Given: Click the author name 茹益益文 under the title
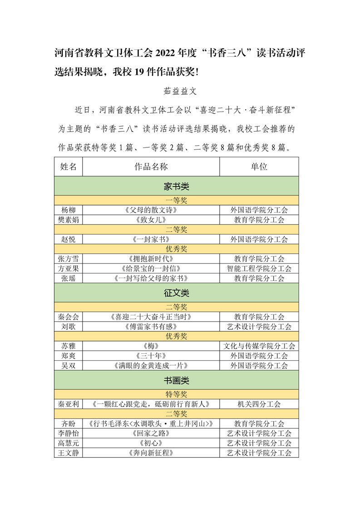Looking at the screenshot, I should [x=180, y=91].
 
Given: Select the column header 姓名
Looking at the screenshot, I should [x=69, y=166].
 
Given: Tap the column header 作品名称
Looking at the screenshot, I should [x=151, y=166].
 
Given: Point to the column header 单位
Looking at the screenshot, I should [x=259, y=166].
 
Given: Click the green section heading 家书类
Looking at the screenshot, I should [x=176, y=186].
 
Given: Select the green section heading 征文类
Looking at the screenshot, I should [x=176, y=293].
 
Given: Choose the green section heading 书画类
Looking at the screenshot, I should [x=176, y=380].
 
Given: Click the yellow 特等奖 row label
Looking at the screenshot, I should [x=176, y=395].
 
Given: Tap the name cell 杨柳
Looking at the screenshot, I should [x=69, y=210].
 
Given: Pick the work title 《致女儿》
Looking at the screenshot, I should [x=151, y=220].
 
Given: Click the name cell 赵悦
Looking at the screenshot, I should [x=69, y=239].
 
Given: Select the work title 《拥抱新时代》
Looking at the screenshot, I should [x=151, y=259].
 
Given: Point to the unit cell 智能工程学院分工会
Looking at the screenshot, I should [x=259, y=269].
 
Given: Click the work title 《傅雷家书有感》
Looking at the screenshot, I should [x=151, y=327].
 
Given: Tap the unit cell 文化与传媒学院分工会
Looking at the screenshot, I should [x=259, y=346].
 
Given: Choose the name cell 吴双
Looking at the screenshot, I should [x=69, y=366].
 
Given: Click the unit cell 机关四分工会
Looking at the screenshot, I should [x=259, y=404].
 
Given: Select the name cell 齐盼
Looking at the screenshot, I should [x=69, y=424].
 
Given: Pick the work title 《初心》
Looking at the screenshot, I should [x=151, y=443].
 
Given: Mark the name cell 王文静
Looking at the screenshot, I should [x=69, y=453].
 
